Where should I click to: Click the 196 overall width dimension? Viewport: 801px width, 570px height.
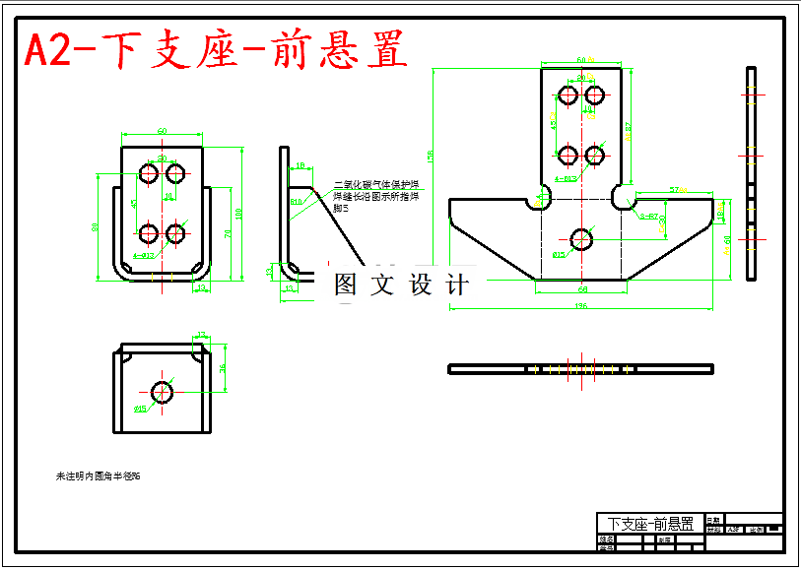tap(581, 305)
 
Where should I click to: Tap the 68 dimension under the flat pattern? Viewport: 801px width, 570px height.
tap(582, 289)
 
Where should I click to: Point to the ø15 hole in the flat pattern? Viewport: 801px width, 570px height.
tap(581, 238)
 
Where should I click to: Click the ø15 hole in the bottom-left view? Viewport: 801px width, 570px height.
tap(163, 391)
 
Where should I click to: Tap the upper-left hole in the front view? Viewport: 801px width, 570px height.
tap(150, 173)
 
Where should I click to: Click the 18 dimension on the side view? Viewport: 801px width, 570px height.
tap(300, 165)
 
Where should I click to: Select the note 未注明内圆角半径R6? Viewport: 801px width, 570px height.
tap(98, 476)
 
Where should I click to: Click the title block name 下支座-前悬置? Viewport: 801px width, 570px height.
tap(649, 523)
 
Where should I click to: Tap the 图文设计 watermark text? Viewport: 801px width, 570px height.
tap(401, 285)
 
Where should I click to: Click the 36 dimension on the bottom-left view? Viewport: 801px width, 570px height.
tap(223, 368)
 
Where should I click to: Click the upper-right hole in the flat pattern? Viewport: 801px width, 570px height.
tap(594, 95)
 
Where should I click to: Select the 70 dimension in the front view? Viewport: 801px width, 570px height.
tap(228, 233)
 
